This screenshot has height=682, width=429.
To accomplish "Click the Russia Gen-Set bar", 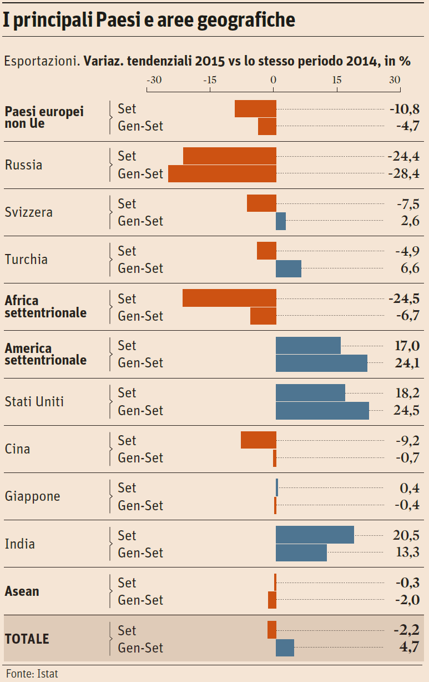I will point(222,174).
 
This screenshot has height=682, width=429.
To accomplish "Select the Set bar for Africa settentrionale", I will point(229,298).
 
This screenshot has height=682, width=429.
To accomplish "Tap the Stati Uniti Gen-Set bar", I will point(322,411).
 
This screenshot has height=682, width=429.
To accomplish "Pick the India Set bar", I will point(315,535).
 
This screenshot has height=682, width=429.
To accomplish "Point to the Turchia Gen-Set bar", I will point(289,268).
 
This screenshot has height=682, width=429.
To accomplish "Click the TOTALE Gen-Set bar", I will point(285,648).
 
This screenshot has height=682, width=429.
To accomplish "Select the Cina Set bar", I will point(258,440).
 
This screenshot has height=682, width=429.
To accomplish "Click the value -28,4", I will point(403,174).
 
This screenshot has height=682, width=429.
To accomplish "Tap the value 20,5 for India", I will point(406,535).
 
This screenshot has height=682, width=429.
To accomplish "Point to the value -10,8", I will point(405,109).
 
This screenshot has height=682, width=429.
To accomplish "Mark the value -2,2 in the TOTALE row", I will point(406,630).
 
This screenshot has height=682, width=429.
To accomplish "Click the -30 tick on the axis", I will point(154,80).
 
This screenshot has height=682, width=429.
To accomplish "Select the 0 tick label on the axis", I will point(273,80).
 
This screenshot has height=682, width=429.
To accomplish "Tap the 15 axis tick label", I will point(337,80).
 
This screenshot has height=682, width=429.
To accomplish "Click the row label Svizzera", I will point(29,212).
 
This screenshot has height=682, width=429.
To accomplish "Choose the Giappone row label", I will point(32,496).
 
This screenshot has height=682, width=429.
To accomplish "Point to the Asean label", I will point(22,591).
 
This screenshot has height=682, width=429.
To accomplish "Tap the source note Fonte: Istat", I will point(32,674).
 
